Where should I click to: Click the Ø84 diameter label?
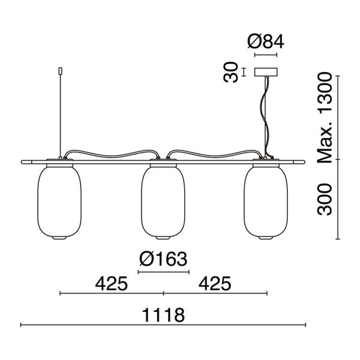pyautogui.click(x=265, y=42)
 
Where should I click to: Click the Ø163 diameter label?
pyautogui.click(x=163, y=260)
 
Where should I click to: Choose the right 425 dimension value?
pyautogui.click(x=214, y=283)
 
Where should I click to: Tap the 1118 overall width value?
pyautogui.click(x=163, y=314)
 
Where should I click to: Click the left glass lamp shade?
pyautogui.click(x=59, y=202)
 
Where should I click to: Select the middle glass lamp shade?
pyautogui.click(x=162, y=202)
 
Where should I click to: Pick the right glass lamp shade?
pyautogui.click(x=265, y=202)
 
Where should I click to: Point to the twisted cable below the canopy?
pyautogui.click(x=264, y=114)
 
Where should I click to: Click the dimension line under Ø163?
pyautogui.click(x=163, y=272)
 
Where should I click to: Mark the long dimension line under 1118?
pyautogui.click(x=163, y=325)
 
